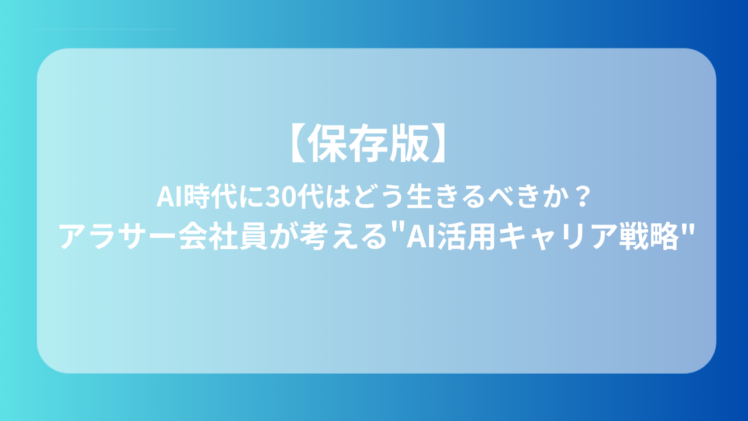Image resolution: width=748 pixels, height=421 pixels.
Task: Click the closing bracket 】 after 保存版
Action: [438, 143]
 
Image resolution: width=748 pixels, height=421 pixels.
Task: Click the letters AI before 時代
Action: [170, 197]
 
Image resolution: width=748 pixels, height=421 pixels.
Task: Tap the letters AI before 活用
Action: [420, 237]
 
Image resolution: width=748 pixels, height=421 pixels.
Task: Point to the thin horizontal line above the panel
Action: [105, 29]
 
